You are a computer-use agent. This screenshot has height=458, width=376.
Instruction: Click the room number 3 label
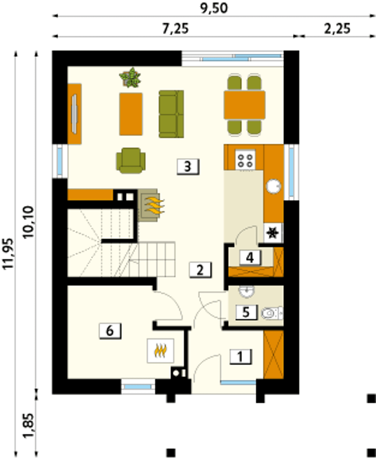188,167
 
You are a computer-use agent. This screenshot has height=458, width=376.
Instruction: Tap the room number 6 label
110,331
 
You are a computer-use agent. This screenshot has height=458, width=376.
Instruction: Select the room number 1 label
241,356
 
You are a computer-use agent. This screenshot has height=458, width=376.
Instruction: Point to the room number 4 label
250,258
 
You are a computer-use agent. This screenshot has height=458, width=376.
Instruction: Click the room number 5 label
246,312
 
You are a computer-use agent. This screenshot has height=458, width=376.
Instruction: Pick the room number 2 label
200,270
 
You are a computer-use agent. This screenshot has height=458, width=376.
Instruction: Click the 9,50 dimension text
214,8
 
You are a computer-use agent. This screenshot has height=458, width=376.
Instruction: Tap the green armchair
131,161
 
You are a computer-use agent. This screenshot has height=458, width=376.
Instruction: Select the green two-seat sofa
171,114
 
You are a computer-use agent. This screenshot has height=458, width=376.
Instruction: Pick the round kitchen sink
273,186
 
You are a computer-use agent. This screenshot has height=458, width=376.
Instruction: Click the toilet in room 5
272,313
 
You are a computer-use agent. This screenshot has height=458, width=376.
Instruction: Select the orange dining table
245,105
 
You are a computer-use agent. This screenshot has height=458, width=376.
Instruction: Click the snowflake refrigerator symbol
272,233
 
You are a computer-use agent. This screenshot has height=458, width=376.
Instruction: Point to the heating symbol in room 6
160,350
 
